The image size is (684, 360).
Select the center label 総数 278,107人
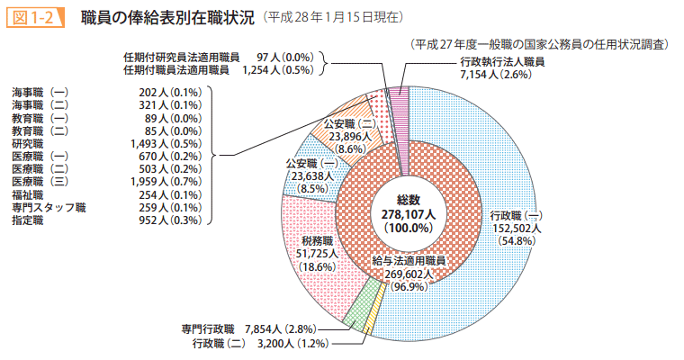408,212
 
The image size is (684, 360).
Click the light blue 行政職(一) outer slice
558,288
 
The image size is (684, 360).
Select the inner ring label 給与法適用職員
409,260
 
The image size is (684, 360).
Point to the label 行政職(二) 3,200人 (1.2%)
260,344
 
